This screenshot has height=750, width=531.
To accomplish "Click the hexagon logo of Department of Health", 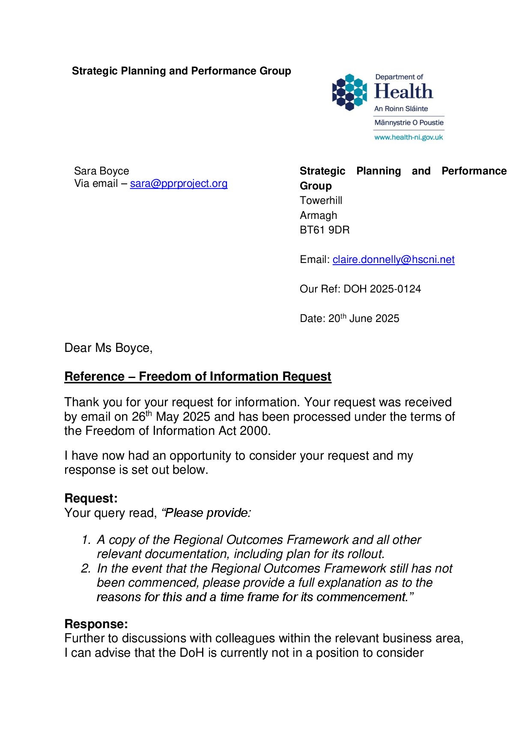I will pyautogui.click(x=349, y=92).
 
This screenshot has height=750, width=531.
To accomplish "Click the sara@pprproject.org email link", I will pyautogui.click(x=179, y=183).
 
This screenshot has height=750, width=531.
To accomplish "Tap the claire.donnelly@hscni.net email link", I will pyautogui.click(x=393, y=260).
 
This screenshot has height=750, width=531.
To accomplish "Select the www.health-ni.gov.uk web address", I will pyautogui.click(x=409, y=137).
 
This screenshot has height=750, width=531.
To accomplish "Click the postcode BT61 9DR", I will pyautogui.click(x=325, y=230).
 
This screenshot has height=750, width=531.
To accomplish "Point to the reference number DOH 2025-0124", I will pyautogui.click(x=382, y=289).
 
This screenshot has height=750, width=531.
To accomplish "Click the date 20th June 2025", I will pyautogui.click(x=364, y=319).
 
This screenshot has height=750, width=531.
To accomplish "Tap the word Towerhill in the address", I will pyautogui.click(x=321, y=201).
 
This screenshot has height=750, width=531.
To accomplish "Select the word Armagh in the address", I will pyautogui.click(x=318, y=216).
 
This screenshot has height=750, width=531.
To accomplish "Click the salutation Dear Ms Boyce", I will pyautogui.click(x=108, y=348).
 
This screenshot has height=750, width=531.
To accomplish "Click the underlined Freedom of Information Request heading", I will pyautogui.click(x=197, y=376).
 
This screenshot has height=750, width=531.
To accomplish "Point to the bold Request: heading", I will pyautogui.click(x=91, y=498).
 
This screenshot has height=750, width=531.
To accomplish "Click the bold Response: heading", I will pyautogui.click(x=96, y=624).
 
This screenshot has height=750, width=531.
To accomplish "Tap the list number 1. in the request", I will pyautogui.click(x=86, y=540).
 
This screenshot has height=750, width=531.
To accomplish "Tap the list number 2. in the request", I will pyautogui.click(x=86, y=569).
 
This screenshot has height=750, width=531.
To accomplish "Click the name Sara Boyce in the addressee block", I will pyautogui.click(x=101, y=171).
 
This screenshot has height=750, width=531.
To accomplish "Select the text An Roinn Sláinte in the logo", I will pyautogui.click(x=401, y=109).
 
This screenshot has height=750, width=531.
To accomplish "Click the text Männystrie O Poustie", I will pyautogui.click(x=409, y=123).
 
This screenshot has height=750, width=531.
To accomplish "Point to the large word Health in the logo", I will pyautogui.click(x=403, y=92).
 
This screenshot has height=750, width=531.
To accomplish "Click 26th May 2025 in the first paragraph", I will pyautogui.click(x=171, y=416).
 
